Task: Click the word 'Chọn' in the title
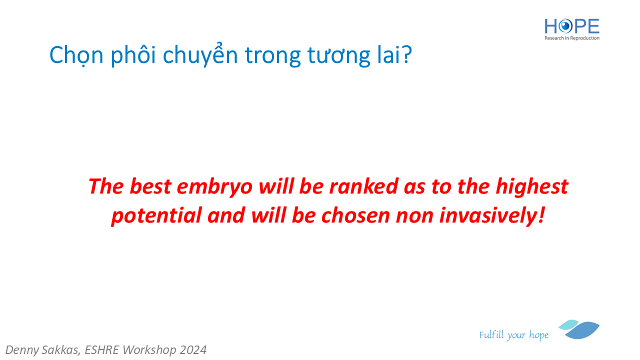pyautogui.click(x=76, y=55)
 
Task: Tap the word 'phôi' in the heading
pyautogui.click(x=133, y=54)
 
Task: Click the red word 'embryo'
pyautogui.click(x=214, y=187)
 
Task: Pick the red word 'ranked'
pyautogui.click(x=363, y=186)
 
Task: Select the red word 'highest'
pyautogui.click(x=531, y=187)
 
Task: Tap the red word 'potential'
pyautogui.click(x=156, y=215)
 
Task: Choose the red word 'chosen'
pyautogui.click(x=355, y=215)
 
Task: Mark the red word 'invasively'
pyautogui.click(x=488, y=215)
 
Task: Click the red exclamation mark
pyautogui.click(x=541, y=215)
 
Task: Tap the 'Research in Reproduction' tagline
pyautogui.click(x=571, y=38)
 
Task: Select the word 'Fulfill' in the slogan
pyautogui.click(x=491, y=334)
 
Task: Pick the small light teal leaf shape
pyautogui.click(x=568, y=324)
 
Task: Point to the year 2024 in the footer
pyautogui.click(x=193, y=350)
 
